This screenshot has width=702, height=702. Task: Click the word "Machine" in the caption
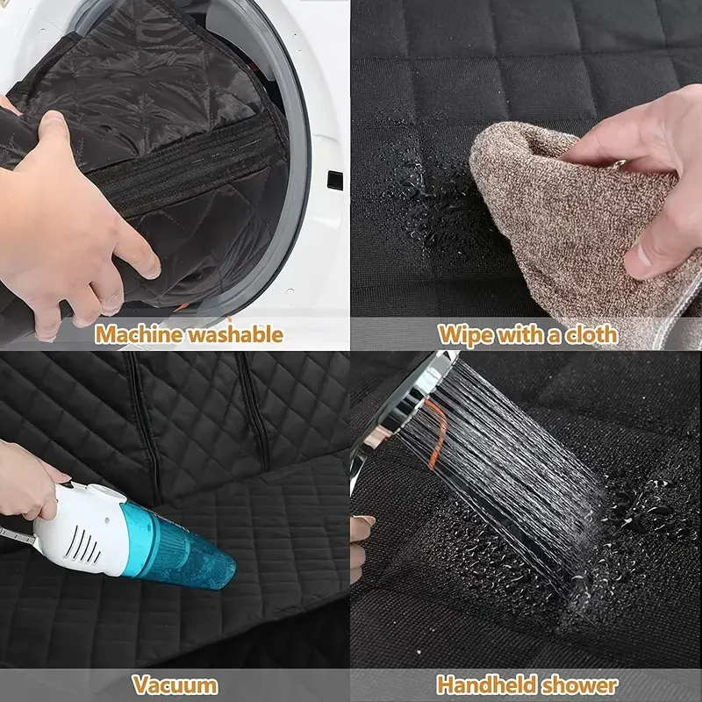[x=136, y=334]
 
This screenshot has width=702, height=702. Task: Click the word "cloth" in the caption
[x=590, y=334]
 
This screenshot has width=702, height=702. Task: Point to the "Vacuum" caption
[x=175, y=684]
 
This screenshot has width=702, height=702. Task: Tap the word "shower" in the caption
[x=584, y=684]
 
